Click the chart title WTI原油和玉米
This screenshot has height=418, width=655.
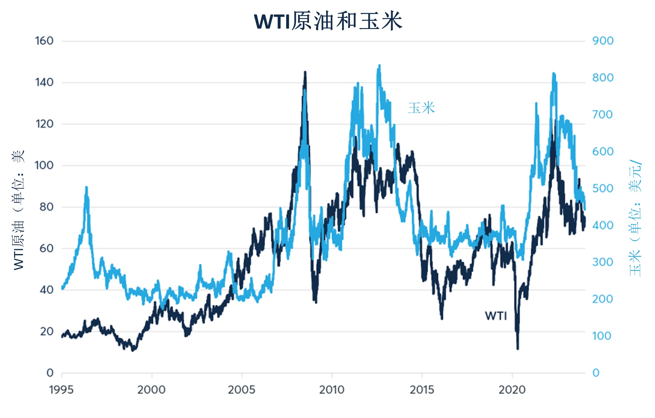click(328, 21)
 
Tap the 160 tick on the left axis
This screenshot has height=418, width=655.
click(44, 41)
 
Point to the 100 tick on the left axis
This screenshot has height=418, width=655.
click(44, 165)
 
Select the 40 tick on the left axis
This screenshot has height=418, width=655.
click(46, 290)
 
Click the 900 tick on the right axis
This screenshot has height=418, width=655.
click(603, 41)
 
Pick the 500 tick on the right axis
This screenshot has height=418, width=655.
click(602, 188)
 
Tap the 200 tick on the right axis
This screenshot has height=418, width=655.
click(602, 299)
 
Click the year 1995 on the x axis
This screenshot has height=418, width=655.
click(61, 390)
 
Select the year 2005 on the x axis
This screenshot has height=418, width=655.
click(242, 390)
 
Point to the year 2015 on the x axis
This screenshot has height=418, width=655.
click(422, 390)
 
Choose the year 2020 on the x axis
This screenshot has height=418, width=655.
click(512, 390)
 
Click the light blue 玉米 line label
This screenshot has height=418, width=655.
click(421, 108)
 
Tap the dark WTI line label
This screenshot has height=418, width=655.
click(496, 316)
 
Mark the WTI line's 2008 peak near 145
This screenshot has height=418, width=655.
click(305, 72)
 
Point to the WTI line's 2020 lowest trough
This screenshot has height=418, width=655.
click(518, 348)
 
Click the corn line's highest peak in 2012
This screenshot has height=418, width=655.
click(379, 65)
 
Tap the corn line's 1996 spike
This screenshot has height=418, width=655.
click(86, 187)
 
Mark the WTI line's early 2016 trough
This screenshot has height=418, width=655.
click(442, 318)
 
